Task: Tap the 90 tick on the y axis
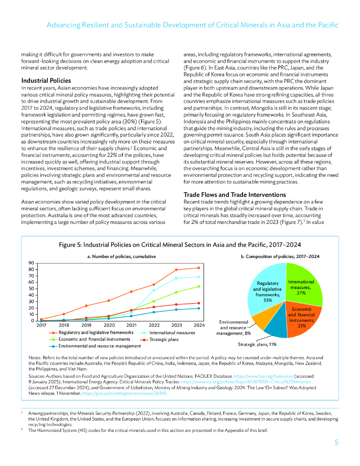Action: [x=31, y=263]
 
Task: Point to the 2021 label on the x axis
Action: [x=131, y=325]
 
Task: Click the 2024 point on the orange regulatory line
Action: [x=198, y=268]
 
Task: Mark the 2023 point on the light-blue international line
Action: [x=176, y=278]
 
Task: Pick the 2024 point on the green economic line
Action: [x=198, y=286]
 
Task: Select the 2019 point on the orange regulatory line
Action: [x=86, y=305]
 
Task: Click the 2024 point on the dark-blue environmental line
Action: [x=198, y=308]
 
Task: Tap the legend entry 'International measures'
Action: [x=172, y=333]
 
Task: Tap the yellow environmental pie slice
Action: [x=260, y=319]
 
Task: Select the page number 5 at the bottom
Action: [x=336, y=442]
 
